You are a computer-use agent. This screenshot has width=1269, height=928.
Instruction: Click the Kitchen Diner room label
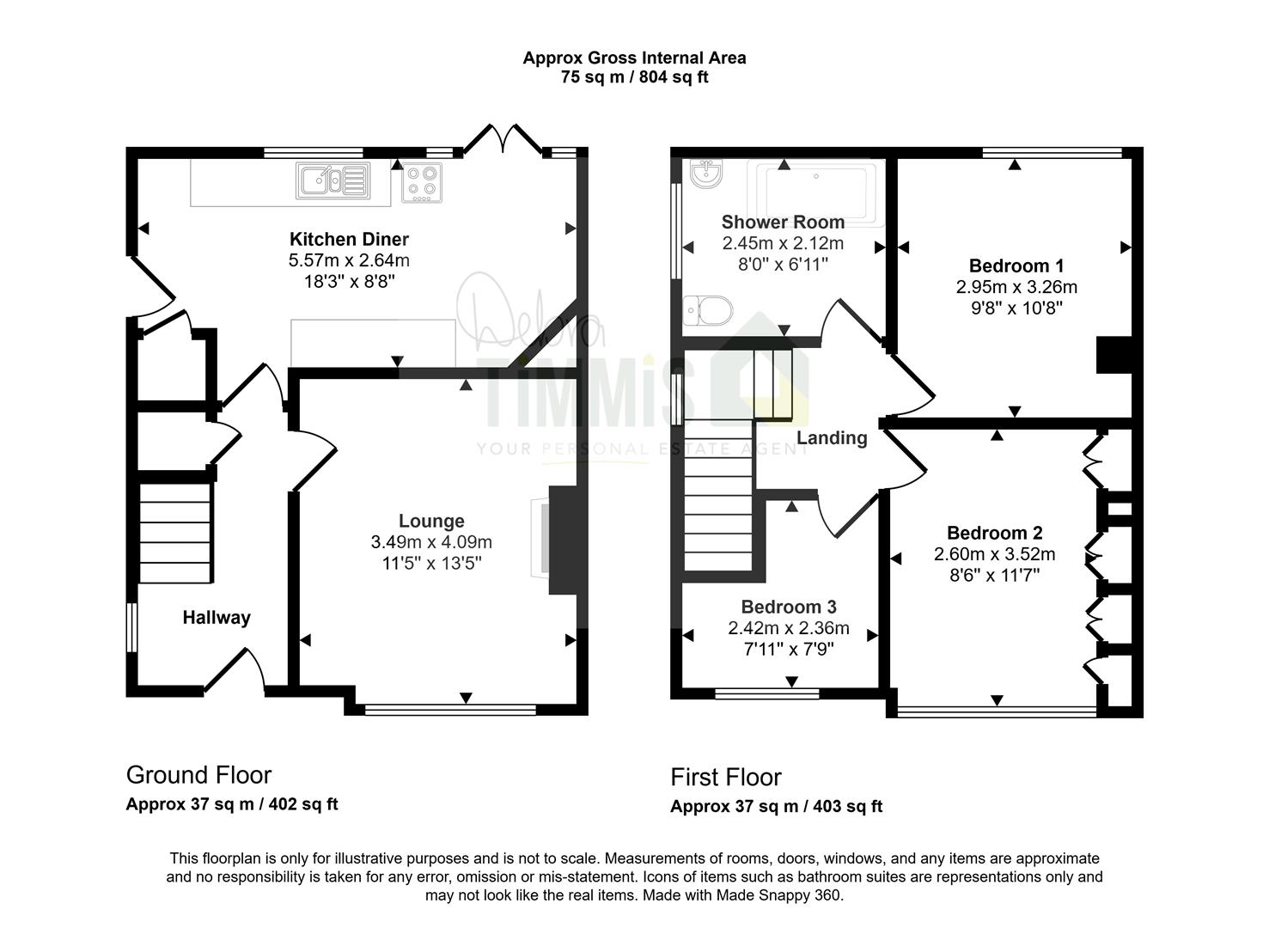coord(349,240)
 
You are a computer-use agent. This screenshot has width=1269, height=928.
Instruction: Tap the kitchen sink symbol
coord(333,180)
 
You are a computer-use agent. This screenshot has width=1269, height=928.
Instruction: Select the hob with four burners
coord(422,182)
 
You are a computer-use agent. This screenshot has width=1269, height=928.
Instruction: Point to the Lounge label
coord(431,521)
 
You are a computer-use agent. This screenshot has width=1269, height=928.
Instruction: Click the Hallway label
coord(217,618)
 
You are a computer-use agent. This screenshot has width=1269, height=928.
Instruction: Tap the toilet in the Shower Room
coord(708,310)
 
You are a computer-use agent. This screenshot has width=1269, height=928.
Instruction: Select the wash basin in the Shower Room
coord(706,172)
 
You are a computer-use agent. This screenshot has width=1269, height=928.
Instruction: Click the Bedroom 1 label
coord(1016,266)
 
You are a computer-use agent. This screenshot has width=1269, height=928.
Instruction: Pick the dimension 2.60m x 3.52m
coord(994,554)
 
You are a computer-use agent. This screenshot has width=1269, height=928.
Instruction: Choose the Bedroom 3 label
coord(789,607)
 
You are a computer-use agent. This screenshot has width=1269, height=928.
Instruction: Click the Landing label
coord(832,438)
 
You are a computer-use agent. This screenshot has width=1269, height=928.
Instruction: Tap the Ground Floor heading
coord(198,775)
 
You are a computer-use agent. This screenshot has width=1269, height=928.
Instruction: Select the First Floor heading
coord(726,778)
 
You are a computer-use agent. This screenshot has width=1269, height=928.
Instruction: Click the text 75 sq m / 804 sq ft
coord(634,76)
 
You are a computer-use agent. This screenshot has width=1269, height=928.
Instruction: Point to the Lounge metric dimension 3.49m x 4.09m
coord(431,542)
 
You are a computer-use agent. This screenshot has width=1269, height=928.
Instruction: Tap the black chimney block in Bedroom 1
coord(1113,355)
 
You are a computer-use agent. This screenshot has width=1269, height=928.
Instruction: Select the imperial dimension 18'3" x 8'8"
coord(349,282)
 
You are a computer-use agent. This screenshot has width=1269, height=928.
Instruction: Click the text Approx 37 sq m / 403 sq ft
coord(776,806)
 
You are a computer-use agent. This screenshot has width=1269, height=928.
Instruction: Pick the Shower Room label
coord(783,222)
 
